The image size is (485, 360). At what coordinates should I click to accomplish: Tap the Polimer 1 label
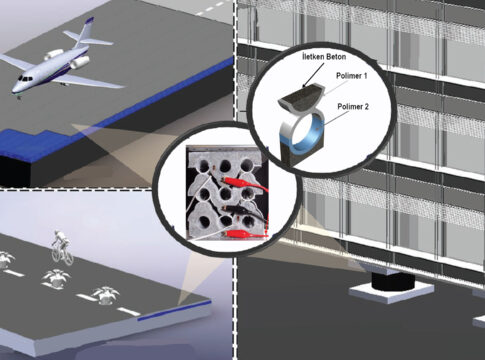352,76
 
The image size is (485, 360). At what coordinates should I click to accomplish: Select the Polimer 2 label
353,107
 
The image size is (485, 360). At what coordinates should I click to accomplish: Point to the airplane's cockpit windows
25,78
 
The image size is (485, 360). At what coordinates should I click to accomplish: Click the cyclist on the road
62,247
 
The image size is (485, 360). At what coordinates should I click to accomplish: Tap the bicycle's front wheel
69,258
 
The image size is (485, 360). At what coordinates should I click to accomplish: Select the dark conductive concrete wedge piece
301,98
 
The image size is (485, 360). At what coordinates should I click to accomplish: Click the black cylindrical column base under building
393,283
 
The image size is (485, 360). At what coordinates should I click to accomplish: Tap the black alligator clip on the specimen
240,210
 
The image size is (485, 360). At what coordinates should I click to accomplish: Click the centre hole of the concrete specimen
226,193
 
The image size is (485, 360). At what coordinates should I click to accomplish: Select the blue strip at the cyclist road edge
174,311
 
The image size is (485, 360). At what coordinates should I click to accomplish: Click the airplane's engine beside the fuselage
80,62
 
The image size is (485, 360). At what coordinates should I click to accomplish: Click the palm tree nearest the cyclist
56,278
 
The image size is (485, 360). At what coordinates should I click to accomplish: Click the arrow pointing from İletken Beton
314,74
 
